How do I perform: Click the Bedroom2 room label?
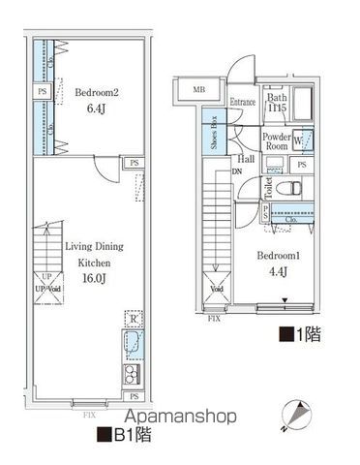(96, 93)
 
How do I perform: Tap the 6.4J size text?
(96, 110)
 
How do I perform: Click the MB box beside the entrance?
(199, 92)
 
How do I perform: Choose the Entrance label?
(243, 102)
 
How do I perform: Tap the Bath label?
(276, 98)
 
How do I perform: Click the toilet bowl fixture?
(286, 188)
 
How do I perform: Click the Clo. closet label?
(290, 221)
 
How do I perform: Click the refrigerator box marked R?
(131, 317)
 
